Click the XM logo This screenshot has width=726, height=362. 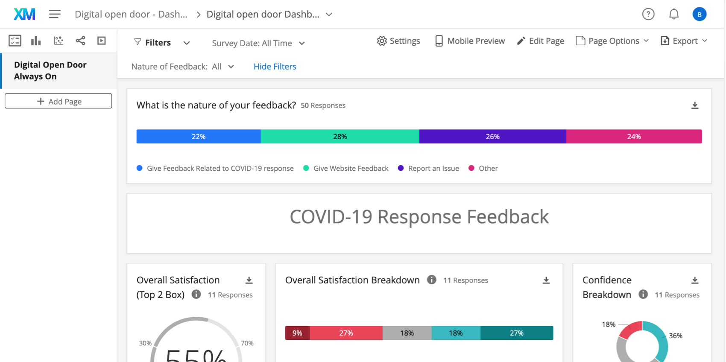24,14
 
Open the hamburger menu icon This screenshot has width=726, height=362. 55,14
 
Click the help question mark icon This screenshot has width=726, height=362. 648,14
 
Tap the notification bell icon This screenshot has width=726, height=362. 673,14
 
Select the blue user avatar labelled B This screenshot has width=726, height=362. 699,14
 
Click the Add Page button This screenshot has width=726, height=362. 59,101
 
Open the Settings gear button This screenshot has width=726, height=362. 398,41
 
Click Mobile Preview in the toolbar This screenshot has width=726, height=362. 470,41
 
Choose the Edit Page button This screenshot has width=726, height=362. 540,41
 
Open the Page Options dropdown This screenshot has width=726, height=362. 612,41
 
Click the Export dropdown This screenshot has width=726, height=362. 684,41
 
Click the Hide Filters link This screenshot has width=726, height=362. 275,67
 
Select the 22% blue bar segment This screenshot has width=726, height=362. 199,137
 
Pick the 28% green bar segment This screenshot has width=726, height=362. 340,137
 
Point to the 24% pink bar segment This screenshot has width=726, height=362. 634,137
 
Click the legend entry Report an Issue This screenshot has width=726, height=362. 433,168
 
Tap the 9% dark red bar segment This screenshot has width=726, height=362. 297,333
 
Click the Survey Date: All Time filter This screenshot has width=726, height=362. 258,43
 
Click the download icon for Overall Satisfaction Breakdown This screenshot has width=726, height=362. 546,280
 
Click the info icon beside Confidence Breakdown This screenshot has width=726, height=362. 643,295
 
